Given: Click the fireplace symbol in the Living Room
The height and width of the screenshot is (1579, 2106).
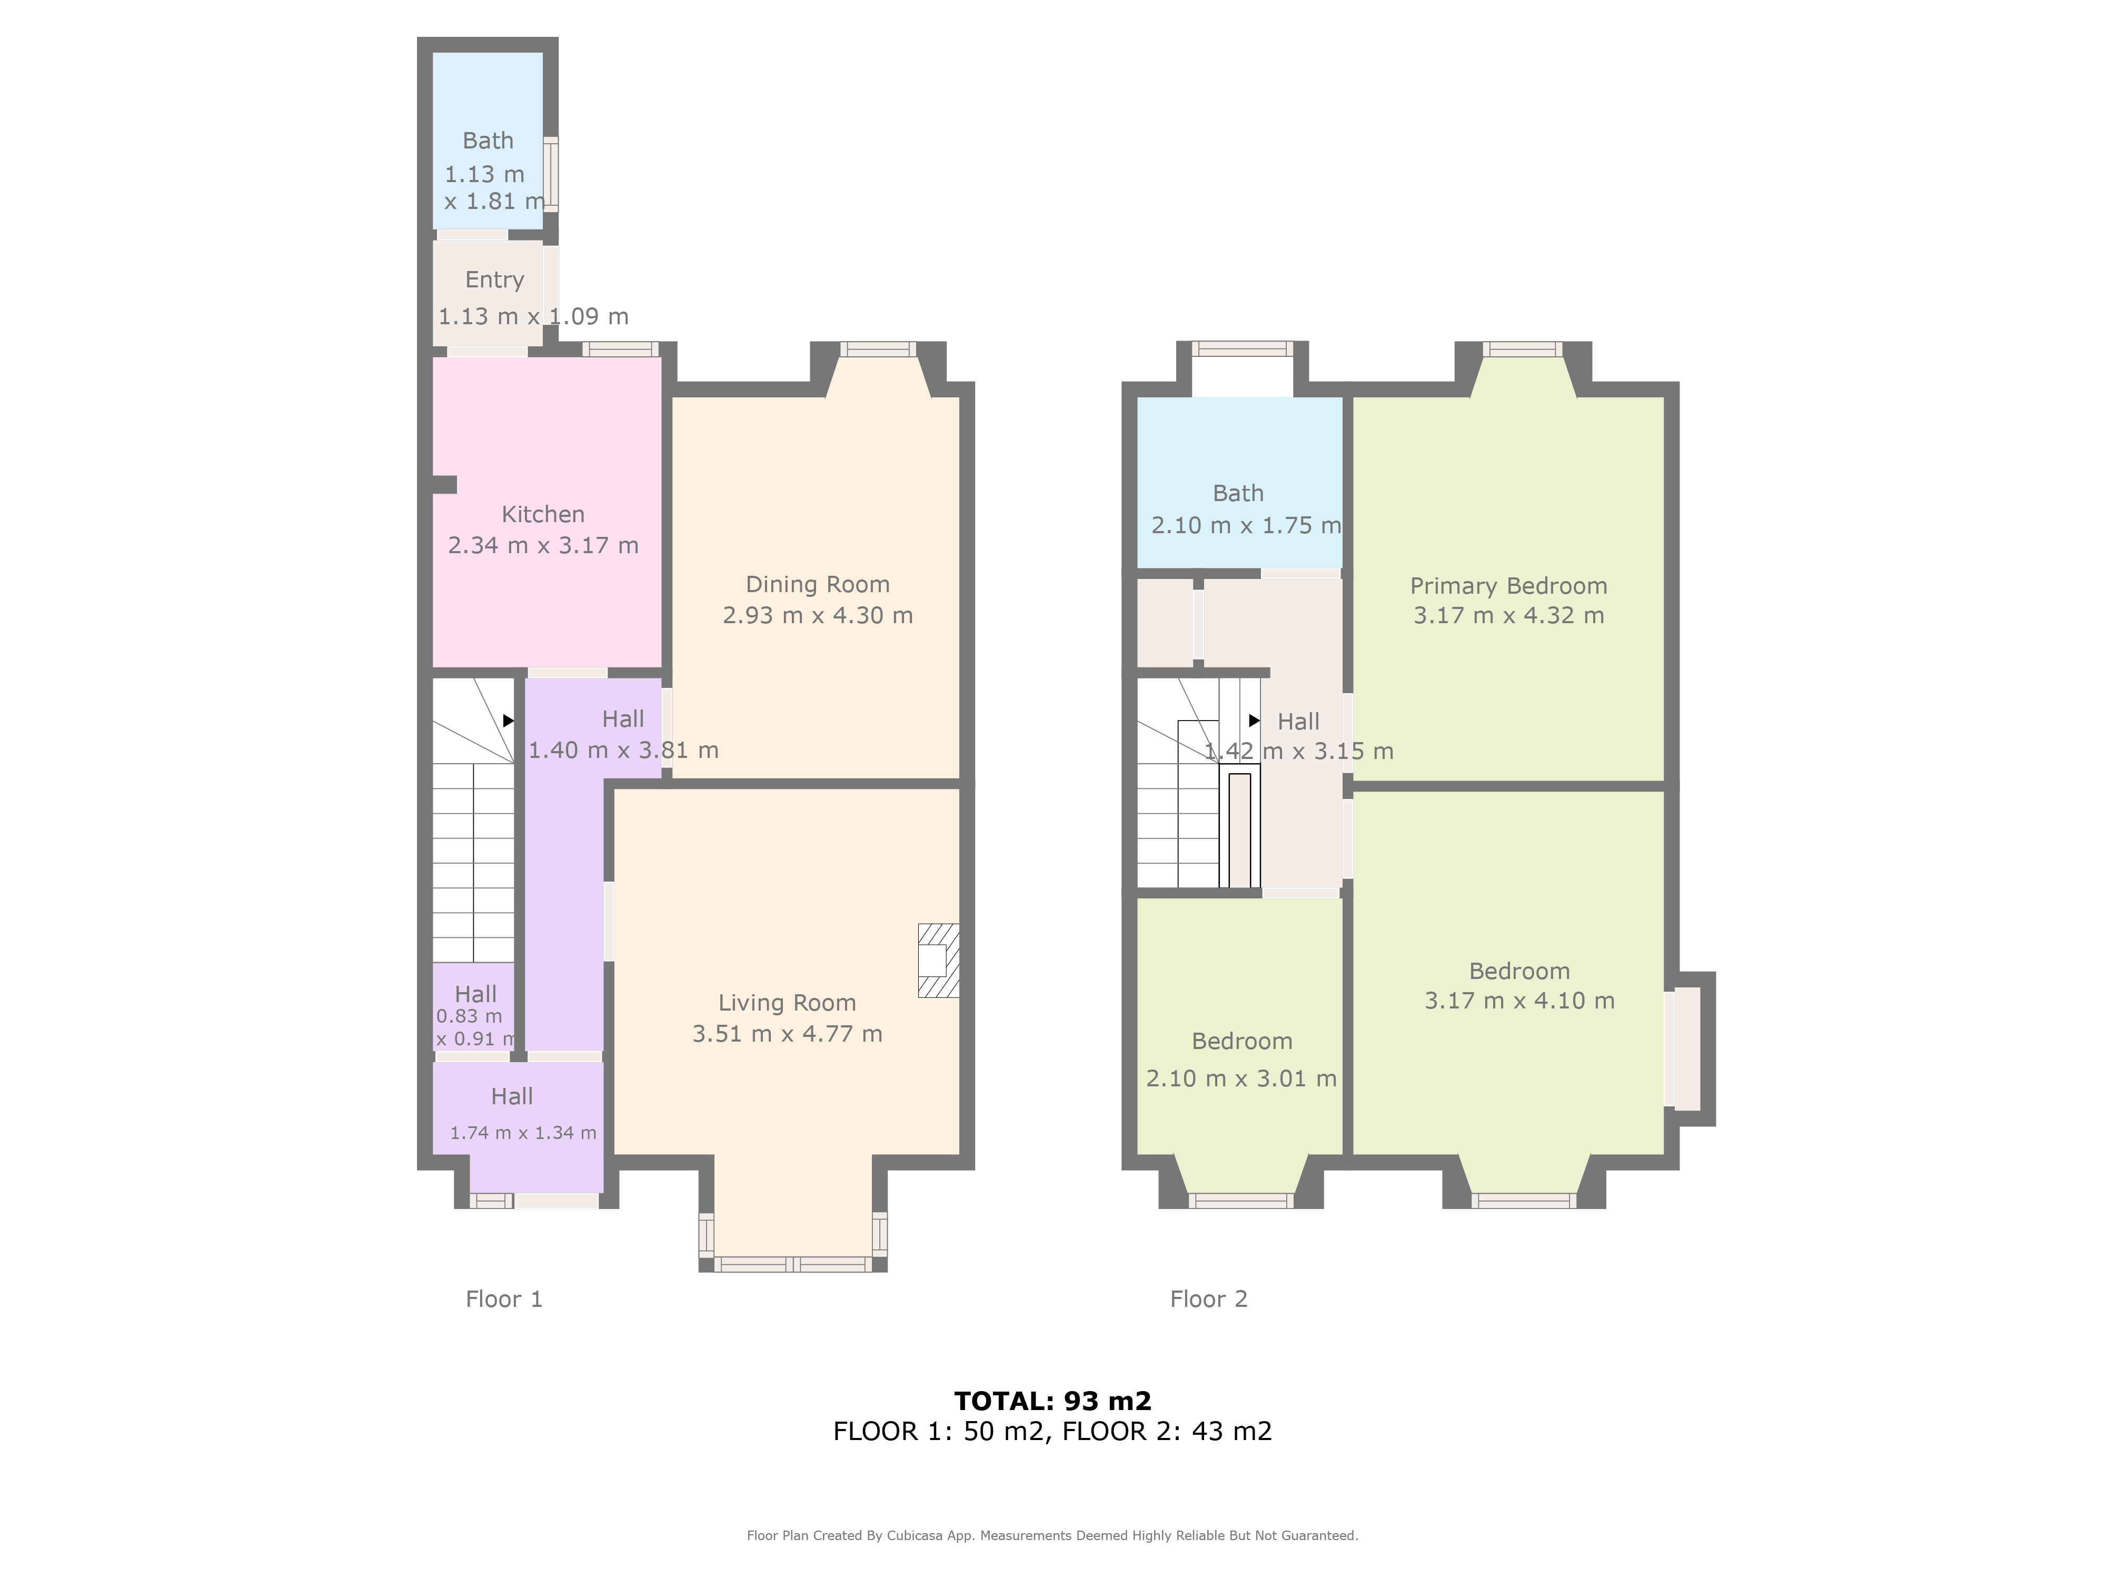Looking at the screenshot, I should tap(938, 961).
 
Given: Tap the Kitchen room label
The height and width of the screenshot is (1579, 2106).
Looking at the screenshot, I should tap(543, 514).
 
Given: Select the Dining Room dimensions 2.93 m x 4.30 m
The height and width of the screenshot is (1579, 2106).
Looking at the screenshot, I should tap(818, 616).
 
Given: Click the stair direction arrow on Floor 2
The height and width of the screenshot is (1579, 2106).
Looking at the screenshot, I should tap(1254, 721).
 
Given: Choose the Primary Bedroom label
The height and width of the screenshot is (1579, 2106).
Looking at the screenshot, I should tap(1508, 586).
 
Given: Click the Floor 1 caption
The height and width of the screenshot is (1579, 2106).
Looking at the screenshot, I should tap(504, 1299).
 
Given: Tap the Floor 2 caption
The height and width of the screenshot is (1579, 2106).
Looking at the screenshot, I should tap(1208, 1299).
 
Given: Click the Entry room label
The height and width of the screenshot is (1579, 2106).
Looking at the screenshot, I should tap(494, 280).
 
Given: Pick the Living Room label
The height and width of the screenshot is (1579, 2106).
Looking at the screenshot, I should tap(787, 1003).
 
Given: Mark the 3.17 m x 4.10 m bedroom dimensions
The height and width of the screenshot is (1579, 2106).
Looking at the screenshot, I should tap(1519, 1001).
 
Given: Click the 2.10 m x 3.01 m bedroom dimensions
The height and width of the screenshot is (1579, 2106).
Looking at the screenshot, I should tap(1240, 1078).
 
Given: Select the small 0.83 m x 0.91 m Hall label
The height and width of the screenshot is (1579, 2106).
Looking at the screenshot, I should tap(475, 995).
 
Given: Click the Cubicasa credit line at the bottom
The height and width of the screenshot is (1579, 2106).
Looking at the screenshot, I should tap(1052, 1535).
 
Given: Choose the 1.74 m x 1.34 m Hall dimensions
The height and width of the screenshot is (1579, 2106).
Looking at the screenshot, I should tap(523, 1133).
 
